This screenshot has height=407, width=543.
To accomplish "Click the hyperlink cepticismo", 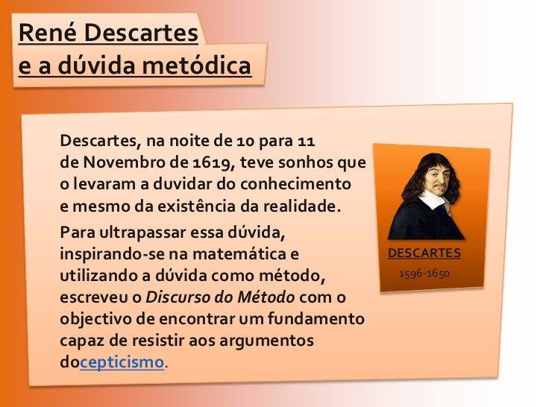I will pos(122,363).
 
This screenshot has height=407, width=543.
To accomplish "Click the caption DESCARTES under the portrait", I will pos(424,253).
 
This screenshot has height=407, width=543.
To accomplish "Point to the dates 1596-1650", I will pos(424,274).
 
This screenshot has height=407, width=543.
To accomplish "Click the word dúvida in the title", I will pos(91,66).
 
